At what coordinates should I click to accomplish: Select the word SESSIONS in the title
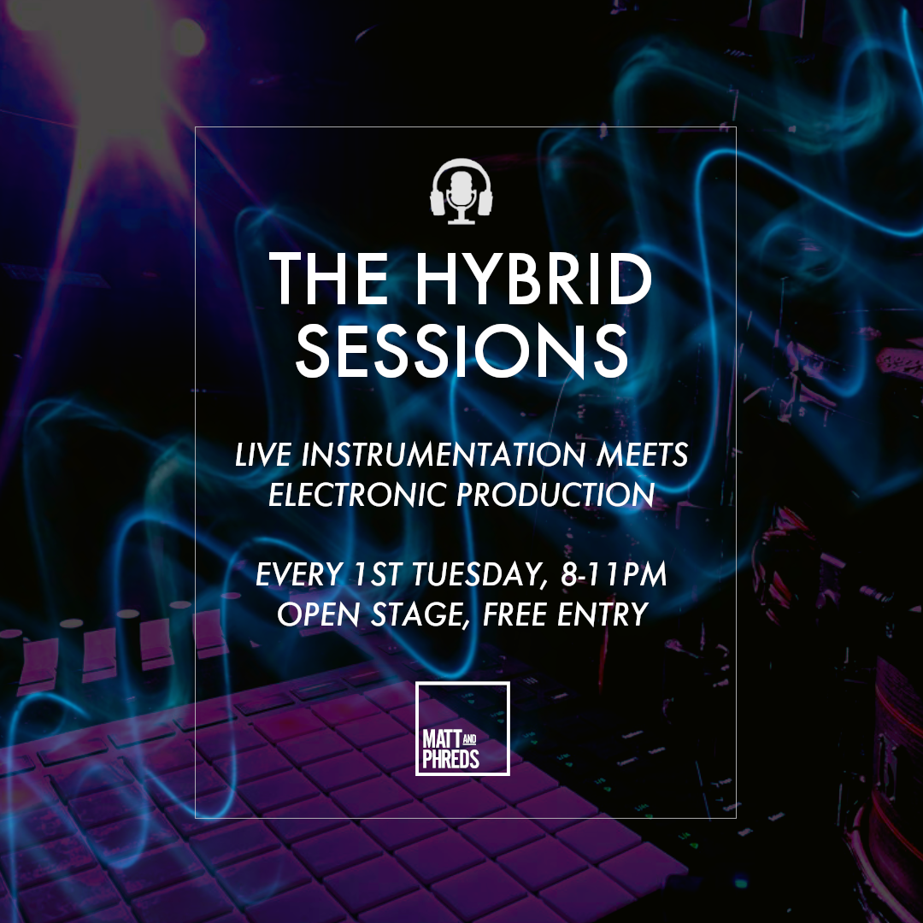pos(461,350)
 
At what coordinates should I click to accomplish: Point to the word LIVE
pos(261,456)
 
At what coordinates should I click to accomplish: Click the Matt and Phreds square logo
pos(462,728)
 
